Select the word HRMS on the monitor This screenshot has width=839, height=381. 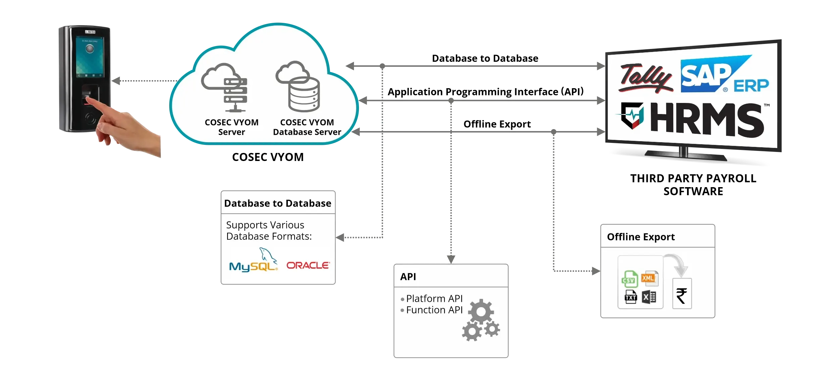click(x=707, y=120)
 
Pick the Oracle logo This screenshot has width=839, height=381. click(x=308, y=265)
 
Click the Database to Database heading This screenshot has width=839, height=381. click(x=277, y=203)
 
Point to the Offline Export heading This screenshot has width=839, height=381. click(x=641, y=237)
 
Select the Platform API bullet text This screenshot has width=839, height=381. click(x=434, y=298)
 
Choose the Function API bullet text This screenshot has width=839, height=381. click(x=434, y=310)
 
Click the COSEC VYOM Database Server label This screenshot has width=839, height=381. click(x=307, y=127)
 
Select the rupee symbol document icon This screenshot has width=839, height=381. click(x=682, y=294)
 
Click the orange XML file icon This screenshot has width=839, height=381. click(x=649, y=278)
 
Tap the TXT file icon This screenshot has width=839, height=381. click(x=631, y=297)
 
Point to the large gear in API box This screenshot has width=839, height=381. click(x=481, y=312)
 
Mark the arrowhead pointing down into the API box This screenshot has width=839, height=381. click(x=451, y=259)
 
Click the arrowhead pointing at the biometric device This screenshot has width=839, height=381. click(x=116, y=81)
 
